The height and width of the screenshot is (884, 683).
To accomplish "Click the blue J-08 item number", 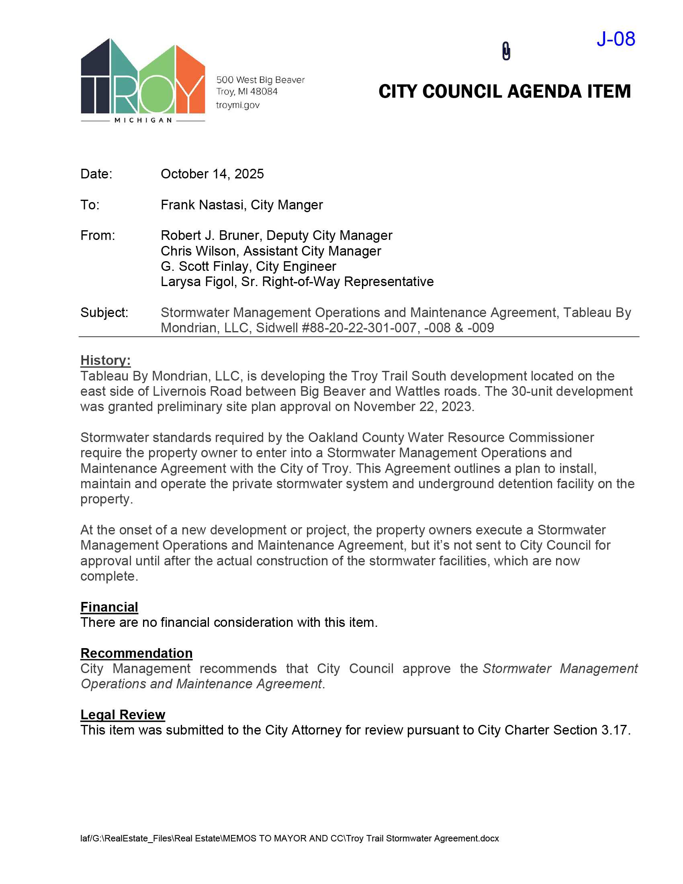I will tap(616, 39).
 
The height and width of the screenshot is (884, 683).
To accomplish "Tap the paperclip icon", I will tap(506, 51).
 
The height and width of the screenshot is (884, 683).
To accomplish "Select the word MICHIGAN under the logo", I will tap(143, 120).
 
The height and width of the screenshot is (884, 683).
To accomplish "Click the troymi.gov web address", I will tap(237, 105).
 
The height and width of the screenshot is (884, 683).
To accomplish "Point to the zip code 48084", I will tap(264, 92).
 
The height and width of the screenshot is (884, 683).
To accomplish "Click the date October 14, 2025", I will tap(212, 174).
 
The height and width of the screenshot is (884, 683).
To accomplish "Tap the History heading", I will tap(105, 360).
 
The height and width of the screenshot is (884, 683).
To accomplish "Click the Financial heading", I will tap(109, 607).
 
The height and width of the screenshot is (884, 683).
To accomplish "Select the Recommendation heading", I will tap(136, 653).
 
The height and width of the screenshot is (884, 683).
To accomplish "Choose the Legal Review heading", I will tap(123, 714).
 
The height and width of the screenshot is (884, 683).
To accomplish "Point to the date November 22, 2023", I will tap(413, 406).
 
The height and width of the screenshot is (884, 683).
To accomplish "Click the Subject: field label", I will tap(104, 313).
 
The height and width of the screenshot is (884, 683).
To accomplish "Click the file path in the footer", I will tap(289, 838).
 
